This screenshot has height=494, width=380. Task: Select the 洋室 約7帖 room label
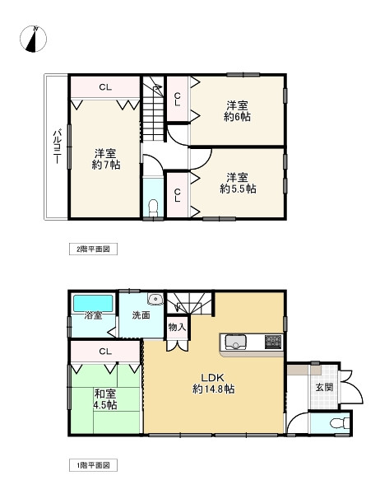[104, 159]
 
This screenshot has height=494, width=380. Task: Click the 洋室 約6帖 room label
[238, 110]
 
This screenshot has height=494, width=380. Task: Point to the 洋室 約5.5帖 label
[238, 182]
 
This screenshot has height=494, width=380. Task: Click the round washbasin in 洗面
[155, 299]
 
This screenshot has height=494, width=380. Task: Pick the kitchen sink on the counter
[234, 341]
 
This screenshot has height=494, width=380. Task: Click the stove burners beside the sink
[272, 341]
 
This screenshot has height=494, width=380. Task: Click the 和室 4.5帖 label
[104, 398]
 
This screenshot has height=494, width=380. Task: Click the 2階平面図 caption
[87, 247]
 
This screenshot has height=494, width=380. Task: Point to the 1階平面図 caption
[87, 465]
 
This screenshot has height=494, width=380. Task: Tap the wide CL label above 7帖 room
[105, 86]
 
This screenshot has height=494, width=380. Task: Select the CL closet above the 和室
[104, 352]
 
